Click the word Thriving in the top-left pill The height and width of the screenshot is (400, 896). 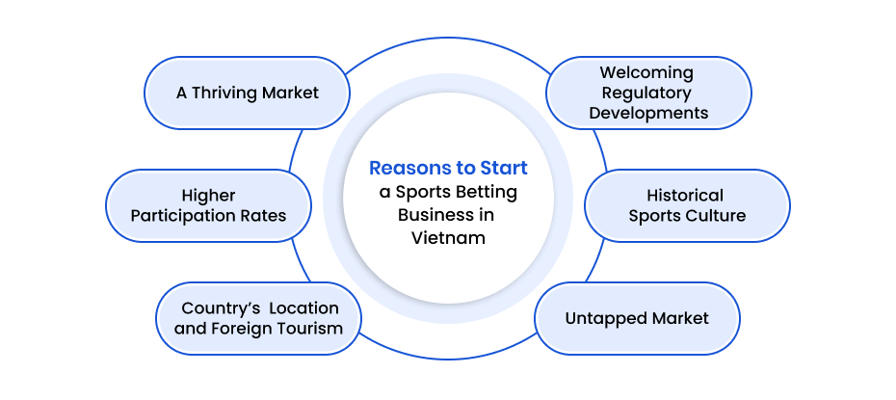[x=227, y=93]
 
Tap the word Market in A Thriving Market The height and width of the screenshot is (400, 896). [x=292, y=93]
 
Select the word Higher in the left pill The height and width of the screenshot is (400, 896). [x=208, y=196]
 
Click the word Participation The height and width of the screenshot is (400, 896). [x=184, y=215]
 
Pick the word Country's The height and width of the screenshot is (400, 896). [x=220, y=308]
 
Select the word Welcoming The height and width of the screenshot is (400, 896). [x=646, y=72]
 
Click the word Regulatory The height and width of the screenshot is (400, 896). [x=646, y=93]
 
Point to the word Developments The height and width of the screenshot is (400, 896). [x=648, y=113]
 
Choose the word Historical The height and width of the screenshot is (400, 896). [x=685, y=196]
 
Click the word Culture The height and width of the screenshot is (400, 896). [x=716, y=216]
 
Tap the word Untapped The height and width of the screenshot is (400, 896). [x=601, y=318]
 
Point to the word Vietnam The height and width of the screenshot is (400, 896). [x=448, y=237]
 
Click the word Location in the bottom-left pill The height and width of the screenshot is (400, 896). [x=303, y=308]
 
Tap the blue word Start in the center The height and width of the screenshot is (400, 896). [x=505, y=169]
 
